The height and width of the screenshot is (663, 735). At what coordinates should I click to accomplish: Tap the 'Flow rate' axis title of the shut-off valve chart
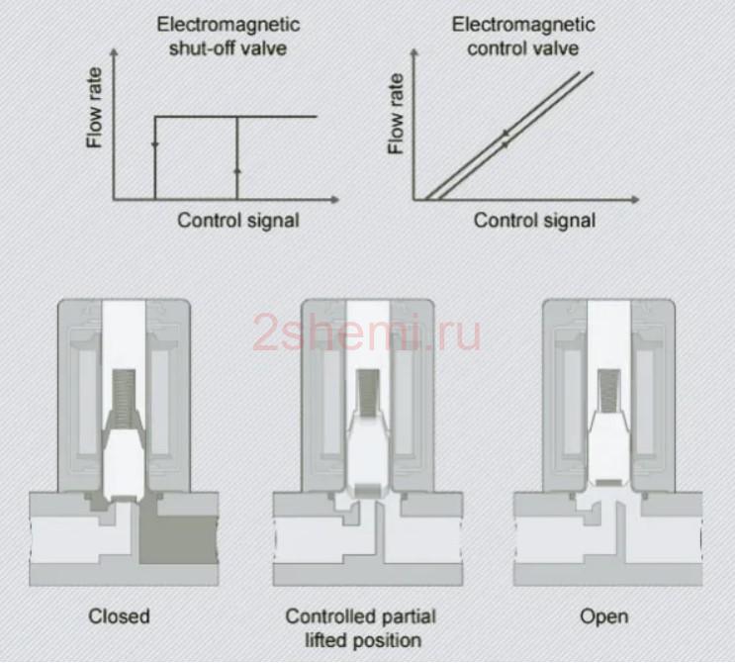[x=94, y=108]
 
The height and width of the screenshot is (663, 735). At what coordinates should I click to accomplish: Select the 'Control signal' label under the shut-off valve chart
[x=238, y=221]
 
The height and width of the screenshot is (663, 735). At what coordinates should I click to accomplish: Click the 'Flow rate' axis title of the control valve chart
[x=396, y=114]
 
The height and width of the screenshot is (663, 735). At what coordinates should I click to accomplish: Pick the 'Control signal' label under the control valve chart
[x=534, y=221]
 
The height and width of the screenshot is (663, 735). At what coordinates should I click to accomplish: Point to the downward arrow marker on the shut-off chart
[x=155, y=143]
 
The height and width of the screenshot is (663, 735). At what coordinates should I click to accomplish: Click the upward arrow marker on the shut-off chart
[x=237, y=170]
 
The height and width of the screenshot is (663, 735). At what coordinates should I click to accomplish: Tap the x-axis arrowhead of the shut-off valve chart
[x=334, y=200]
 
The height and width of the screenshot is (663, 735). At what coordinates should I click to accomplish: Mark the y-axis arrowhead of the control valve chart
[x=413, y=52]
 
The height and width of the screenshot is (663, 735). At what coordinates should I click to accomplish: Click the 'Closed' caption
[x=119, y=616]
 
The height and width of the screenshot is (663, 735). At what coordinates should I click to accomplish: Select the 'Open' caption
[x=604, y=616]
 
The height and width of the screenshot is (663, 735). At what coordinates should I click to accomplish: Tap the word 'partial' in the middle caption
[x=407, y=616]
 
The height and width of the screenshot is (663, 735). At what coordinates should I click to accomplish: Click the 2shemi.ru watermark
[x=367, y=332]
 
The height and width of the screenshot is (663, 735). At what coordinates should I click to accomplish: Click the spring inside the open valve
[x=609, y=391]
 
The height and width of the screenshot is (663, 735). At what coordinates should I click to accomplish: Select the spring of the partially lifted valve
[x=368, y=393]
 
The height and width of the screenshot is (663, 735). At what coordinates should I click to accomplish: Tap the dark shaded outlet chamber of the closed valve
[x=179, y=539]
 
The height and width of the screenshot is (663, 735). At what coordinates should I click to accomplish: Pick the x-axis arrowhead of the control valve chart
[x=635, y=200]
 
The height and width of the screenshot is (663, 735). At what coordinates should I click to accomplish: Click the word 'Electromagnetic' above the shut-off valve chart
[x=228, y=25]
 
